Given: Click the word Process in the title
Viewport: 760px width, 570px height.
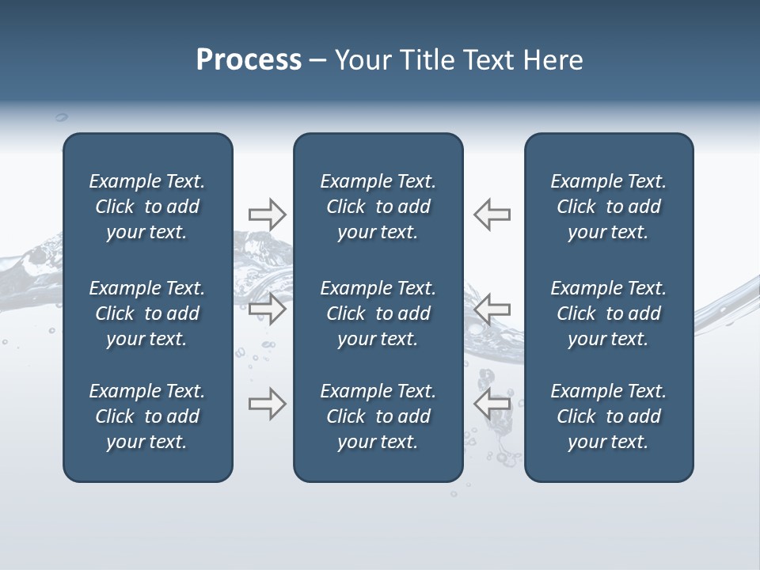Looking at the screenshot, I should tap(249, 60).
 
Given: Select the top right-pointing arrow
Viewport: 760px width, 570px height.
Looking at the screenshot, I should tap(267, 215).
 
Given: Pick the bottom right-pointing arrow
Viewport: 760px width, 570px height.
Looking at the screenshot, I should tap(267, 404).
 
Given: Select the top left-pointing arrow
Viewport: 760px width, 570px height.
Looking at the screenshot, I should tap(492, 215).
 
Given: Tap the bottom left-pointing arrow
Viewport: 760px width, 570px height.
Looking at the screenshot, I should tap(492, 404).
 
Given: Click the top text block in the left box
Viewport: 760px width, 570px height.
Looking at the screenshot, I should tap(147, 207).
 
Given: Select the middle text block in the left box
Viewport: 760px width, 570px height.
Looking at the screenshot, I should tap(147, 313).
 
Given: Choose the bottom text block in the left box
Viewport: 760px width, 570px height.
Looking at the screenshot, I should tap(147, 416).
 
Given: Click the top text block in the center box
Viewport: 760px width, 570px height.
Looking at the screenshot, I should tap(378, 207).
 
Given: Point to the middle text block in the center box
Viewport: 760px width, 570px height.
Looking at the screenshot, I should tap(378, 313).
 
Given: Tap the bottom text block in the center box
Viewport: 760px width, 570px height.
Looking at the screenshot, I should tap(378, 416).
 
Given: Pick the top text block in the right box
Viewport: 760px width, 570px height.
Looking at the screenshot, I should tap(609, 207).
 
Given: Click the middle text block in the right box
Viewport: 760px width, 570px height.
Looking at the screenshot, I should tap(609, 313).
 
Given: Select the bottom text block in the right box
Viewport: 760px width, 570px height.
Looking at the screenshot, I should tap(609, 416).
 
